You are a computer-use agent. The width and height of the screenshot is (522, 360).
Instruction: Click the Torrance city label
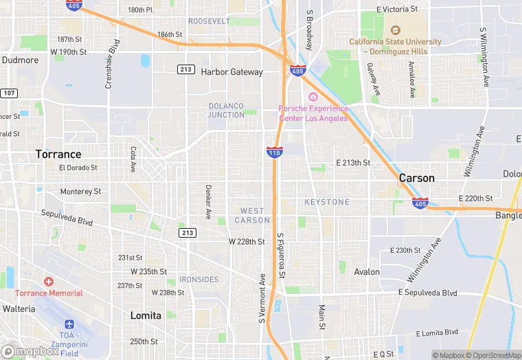pos(58,154)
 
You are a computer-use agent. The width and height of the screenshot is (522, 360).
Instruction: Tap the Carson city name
pos(417,178)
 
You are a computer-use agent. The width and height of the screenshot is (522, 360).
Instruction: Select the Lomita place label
pos(146,315)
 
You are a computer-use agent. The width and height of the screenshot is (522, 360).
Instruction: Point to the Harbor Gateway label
pos(231,71)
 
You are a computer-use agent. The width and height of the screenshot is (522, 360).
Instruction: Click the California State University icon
pos(395,30)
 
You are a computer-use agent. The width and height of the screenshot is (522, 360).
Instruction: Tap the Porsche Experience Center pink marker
pos(313,97)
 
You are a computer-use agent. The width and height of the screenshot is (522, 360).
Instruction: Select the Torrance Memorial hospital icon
pos(49,282)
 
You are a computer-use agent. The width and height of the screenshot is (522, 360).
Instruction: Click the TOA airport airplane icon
pos(69,324)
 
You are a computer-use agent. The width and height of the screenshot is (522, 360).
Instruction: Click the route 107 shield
pos(8,93)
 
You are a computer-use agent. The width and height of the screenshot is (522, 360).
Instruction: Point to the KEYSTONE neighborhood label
pos(327,202)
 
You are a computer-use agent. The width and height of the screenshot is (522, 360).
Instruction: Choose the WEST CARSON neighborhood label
pos(252,215)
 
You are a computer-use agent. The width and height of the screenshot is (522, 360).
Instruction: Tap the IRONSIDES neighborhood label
pos(198,280)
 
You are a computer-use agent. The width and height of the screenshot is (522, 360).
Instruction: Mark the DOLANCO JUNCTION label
pos(226,110)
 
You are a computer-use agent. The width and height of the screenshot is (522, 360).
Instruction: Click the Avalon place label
pos(367,271)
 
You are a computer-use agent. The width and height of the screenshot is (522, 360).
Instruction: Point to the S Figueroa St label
pos(281,256)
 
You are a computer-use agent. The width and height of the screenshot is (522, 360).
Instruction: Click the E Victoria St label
pos(397,9)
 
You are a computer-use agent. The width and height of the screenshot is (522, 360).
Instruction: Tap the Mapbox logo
pos(30,351)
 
